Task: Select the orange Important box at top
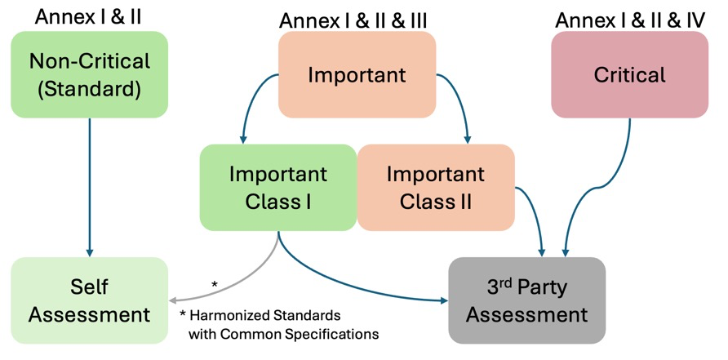pyautogui.click(x=357, y=75)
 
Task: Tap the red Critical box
pyautogui.click(x=629, y=75)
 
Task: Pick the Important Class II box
pyautogui.click(x=435, y=187)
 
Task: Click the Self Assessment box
pyautogui.click(x=89, y=300)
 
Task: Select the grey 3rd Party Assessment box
pyautogui.click(x=527, y=300)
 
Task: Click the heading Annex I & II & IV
pyautogui.click(x=629, y=20)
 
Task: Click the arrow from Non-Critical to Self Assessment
pyautogui.click(x=89, y=188)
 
